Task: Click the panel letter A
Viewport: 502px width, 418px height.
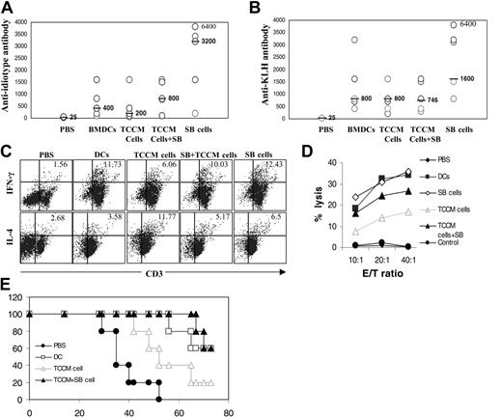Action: [x=8, y=9]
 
